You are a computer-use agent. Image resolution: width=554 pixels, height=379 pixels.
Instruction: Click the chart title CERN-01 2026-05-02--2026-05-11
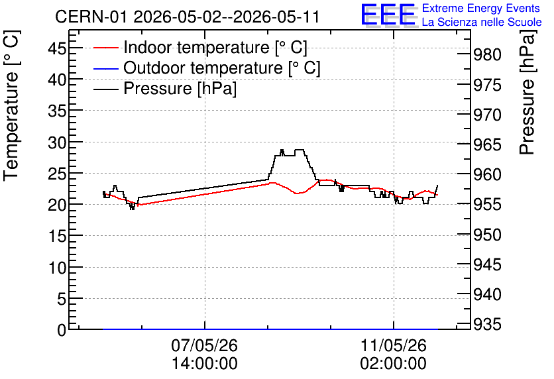[188, 17]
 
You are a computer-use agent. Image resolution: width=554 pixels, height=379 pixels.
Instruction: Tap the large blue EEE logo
[388, 15]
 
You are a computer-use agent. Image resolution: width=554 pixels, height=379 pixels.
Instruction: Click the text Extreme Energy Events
[481, 8]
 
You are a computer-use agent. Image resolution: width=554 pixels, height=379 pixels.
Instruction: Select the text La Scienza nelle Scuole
[482, 22]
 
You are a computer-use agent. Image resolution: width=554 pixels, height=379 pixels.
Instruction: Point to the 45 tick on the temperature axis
[57, 48]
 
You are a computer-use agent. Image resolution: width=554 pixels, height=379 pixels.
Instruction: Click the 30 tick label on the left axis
[57, 142]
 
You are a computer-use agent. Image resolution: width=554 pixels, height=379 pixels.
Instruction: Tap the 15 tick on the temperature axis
[57, 236]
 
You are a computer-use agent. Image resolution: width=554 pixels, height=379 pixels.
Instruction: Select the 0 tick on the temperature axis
[62, 330]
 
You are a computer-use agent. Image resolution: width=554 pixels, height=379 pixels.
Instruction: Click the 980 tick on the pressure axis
[487, 54]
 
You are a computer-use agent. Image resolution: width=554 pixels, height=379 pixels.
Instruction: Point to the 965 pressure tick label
[487, 144]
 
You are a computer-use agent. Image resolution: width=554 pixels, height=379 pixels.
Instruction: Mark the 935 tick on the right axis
[487, 324]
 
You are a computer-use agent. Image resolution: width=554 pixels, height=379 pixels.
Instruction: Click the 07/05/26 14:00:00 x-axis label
[205, 354]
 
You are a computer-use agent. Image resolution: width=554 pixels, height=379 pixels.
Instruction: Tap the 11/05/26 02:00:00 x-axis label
[393, 354]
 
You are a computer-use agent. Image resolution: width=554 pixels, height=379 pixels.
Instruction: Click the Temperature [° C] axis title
[11, 105]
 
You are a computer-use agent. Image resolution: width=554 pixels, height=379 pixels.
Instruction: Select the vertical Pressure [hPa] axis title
[527, 92]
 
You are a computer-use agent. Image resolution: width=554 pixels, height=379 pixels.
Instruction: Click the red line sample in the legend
[105, 48]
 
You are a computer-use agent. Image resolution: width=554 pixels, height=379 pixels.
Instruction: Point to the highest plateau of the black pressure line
[300, 150]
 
